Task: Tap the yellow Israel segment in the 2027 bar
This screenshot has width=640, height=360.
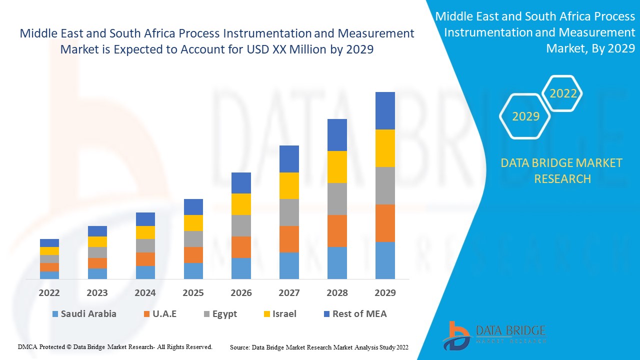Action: (289, 185)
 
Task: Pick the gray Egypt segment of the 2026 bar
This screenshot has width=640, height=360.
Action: (241, 225)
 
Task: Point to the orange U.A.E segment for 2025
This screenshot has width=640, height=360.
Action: (193, 254)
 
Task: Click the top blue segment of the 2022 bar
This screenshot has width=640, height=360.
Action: (49, 243)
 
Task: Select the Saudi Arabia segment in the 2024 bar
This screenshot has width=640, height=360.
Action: (145, 272)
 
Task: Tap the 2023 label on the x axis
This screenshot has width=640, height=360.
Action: (97, 293)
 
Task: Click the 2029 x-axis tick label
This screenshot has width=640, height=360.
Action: (385, 293)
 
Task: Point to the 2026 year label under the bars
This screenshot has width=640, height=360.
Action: (241, 293)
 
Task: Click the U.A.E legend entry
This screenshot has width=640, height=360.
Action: (160, 314)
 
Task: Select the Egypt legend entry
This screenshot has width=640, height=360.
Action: (220, 314)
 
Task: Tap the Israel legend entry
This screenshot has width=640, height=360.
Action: (279, 314)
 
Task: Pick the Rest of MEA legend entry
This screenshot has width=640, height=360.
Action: (355, 314)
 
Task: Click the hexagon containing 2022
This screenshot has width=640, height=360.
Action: (563, 93)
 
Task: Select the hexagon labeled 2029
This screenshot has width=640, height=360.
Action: (525, 116)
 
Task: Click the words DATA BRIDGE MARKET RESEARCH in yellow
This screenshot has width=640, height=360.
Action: (561, 170)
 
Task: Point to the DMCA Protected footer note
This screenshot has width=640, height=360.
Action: (115, 346)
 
